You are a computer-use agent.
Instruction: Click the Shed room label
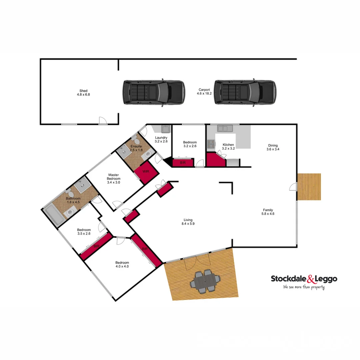(83, 91)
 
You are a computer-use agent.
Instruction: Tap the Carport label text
(204, 90)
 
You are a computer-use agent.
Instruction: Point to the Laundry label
(161, 138)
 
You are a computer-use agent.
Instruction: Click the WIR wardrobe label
(145, 171)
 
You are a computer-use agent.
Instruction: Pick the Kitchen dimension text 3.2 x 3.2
(228, 149)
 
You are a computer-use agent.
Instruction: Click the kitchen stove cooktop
(211, 144)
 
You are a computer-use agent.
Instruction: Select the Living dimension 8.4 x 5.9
(188, 224)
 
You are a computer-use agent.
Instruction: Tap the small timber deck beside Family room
(309, 186)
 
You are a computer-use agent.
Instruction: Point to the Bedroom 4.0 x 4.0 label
(122, 264)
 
